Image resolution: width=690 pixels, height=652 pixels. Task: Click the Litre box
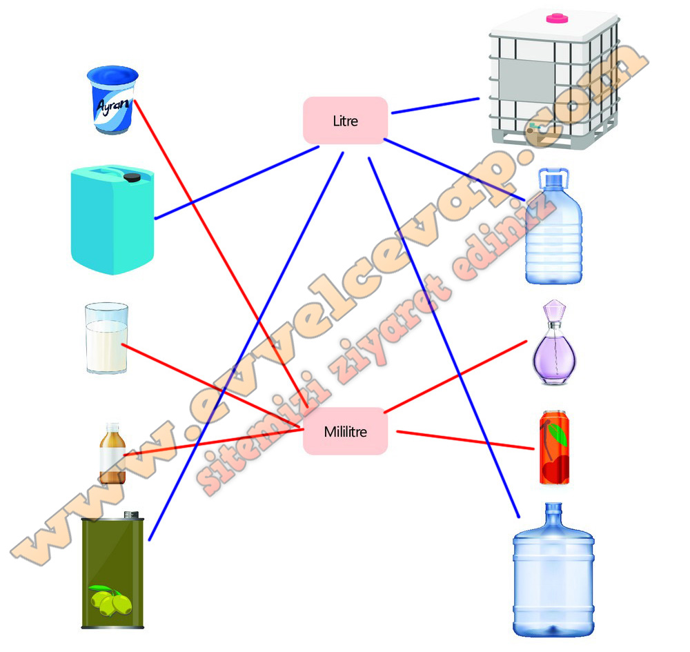346,121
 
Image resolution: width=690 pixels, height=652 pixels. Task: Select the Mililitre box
346,431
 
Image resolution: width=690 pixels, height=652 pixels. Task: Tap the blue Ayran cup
113,100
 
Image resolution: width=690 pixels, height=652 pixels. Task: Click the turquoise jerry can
112,219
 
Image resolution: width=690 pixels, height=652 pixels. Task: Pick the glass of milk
106,338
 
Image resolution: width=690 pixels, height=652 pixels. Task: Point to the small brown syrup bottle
112,453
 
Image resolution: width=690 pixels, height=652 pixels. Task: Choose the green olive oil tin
112,570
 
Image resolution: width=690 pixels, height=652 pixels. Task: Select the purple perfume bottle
554,342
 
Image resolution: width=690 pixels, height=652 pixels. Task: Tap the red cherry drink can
555,447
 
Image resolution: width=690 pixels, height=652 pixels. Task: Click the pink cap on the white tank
557,18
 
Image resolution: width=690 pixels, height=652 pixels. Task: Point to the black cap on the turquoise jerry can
132,177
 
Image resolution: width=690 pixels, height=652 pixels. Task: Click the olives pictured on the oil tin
110,600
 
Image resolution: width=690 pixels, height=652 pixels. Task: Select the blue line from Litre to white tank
435,106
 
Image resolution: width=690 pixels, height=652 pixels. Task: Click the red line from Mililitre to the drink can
466,440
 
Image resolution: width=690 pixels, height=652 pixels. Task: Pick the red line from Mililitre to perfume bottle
455,377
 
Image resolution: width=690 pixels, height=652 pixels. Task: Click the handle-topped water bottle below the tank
554,226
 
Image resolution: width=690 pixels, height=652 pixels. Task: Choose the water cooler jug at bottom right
553,570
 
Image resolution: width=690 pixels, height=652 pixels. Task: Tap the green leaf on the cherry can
558,433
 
